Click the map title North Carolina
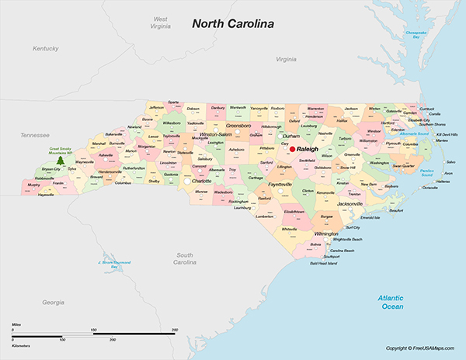pos(233,24)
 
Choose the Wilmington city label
pos(326,233)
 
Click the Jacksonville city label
pos(345,203)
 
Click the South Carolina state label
pos(184,258)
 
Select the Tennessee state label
pos(35,134)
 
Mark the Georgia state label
pos(53,301)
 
